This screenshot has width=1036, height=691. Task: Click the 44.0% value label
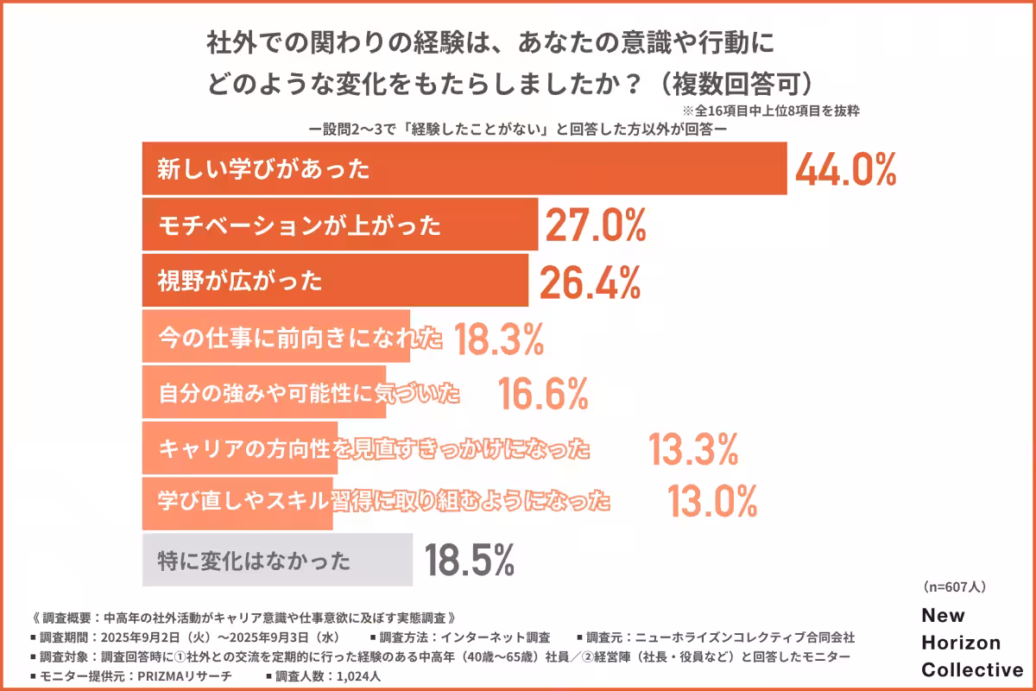pos(845,170)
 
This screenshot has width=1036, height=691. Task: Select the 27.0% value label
pos(594,225)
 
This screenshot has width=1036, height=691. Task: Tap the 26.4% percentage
pos(590,281)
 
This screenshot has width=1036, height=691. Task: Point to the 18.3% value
pos(498,339)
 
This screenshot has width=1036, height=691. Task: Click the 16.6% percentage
pos(543,395)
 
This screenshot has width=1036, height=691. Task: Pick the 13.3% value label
pos(693,449)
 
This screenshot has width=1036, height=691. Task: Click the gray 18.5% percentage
pos(470,561)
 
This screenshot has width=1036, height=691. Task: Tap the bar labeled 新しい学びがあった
pos(464,169)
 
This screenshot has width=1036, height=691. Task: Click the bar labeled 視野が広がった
pos(334,281)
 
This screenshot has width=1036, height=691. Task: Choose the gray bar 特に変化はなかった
pos(276,561)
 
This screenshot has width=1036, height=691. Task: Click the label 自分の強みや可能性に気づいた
pos(309,395)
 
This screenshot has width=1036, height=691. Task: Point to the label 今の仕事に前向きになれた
pos(300,339)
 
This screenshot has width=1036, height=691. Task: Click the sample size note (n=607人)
pos(954,586)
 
